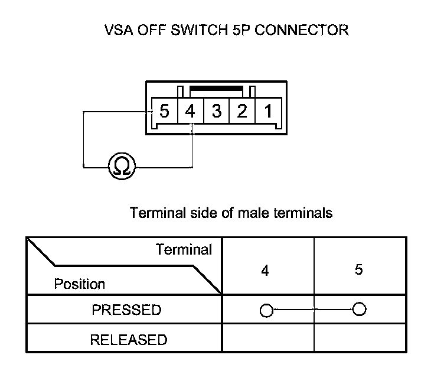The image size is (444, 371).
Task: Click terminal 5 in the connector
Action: (x=164, y=110)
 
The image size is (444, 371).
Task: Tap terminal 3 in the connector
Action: (x=216, y=110)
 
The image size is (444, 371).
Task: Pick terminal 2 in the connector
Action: (x=242, y=110)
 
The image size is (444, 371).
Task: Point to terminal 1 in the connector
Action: (x=268, y=110)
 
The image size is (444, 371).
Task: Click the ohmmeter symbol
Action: (x=122, y=167)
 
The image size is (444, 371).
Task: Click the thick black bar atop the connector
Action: (x=217, y=88)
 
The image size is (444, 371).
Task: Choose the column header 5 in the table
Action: (x=358, y=270)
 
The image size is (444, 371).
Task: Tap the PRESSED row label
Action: (x=126, y=310)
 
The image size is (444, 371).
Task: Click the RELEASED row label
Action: (x=128, y=340)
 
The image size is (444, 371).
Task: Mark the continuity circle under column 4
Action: (x=266, y=310)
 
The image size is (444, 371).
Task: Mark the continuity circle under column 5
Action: (x=358, y=309)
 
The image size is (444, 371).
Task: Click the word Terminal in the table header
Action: (x=184, y=249)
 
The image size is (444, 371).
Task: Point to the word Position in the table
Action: (x=79, y=284)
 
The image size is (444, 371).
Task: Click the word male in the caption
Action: (x=255, y=213)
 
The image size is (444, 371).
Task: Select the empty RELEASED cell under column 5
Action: (x=360, y=340)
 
